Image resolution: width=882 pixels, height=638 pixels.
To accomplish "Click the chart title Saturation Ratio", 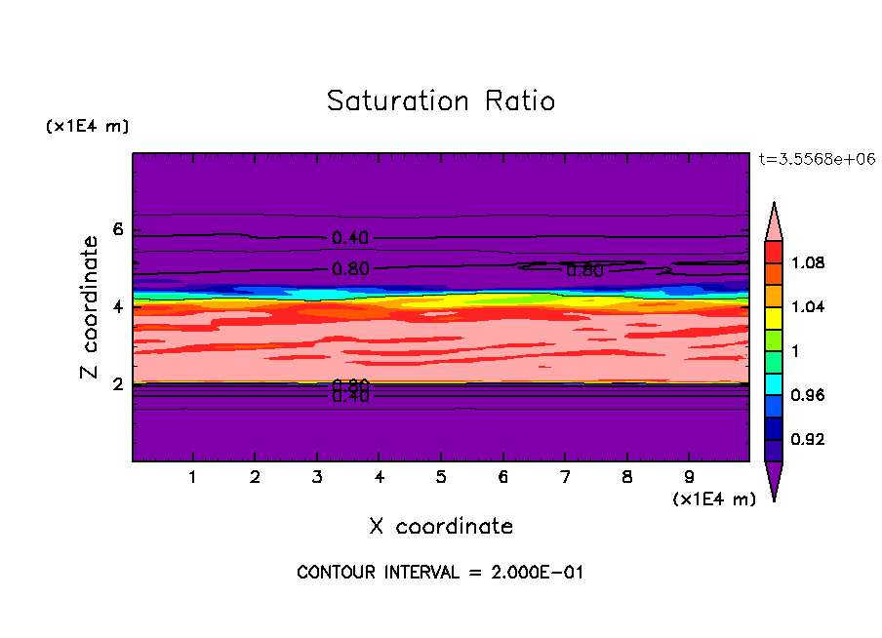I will coord(440,101).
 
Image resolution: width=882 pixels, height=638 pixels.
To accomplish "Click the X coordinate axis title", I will coord(441,527).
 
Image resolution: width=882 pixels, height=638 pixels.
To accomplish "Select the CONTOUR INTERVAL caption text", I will coord(440,573).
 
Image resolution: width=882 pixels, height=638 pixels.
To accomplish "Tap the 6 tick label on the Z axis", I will coord(118,230).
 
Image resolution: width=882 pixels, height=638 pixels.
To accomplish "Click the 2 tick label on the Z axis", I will coord(118,384).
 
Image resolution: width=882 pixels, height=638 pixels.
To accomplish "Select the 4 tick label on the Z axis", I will coord(118,307).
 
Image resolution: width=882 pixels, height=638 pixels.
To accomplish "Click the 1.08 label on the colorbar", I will coord(808,263).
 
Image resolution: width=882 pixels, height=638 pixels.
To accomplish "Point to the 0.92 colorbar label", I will coord(808,439).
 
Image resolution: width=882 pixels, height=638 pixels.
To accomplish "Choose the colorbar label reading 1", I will coord(796,351).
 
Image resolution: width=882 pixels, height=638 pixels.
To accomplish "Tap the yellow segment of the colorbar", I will coord(773,316).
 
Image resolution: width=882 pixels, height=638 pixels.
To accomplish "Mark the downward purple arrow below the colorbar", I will coord(773,479).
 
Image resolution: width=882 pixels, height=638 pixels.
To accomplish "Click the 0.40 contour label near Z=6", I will coord(350,238).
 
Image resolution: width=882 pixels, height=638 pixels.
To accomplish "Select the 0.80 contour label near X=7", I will coord(584,271).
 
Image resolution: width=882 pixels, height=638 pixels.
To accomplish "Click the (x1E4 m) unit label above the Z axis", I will coord(87,127).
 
